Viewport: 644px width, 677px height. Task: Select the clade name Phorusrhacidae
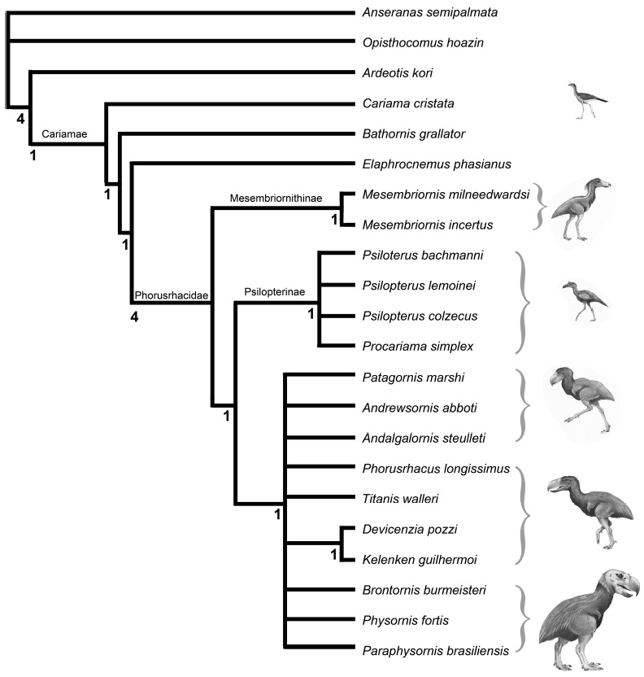169,293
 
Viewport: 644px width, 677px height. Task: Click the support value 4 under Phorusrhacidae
135,317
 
